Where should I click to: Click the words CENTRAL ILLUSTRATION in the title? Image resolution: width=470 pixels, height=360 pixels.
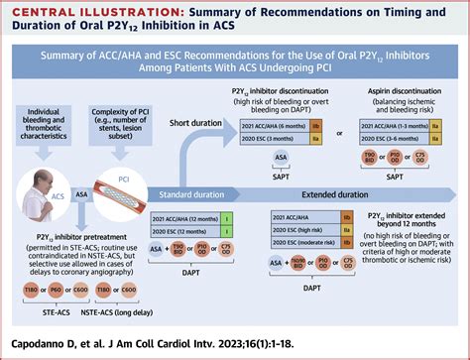[x=70, y=13]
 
